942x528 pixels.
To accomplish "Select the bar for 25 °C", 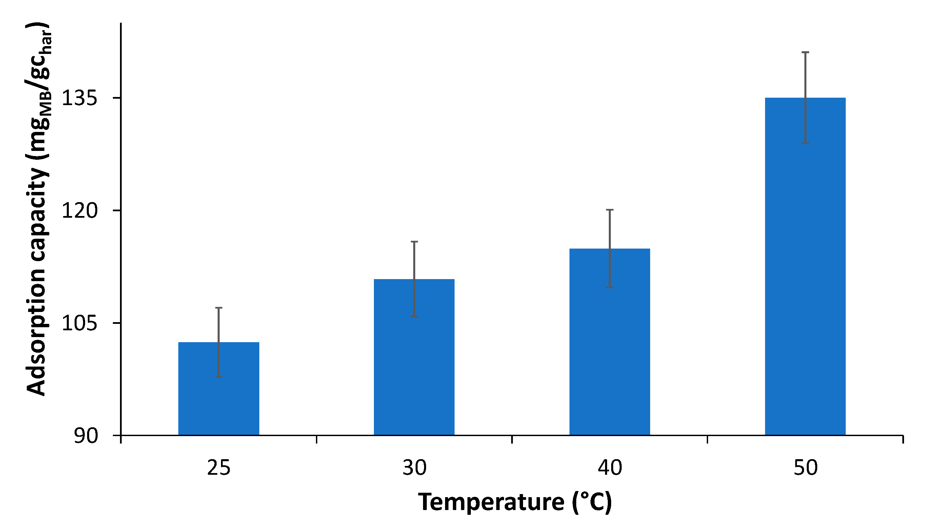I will pyautogui.click(x=218, y=395).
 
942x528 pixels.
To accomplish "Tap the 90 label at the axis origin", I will pyautogui.click(x=86, y=436).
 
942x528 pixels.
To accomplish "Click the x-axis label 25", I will pyautogui.click(x=218, y=468).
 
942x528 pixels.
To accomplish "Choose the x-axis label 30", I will pyautogui.click(x=414, y=468).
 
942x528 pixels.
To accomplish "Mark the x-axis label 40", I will pyautogui.click(x=609, y=468).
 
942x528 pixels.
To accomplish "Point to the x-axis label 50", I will pyautogui.click(x=805, y=468).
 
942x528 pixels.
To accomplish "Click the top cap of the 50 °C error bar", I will pyautogui.click(x=805, y=53).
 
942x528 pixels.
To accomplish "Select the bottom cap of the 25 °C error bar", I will pyautogui.click(x=218, y=376).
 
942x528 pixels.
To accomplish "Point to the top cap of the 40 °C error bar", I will pyautogui.click(x=609, y=210).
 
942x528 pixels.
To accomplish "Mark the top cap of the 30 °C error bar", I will pyautogui.click(x=414, y=242).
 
